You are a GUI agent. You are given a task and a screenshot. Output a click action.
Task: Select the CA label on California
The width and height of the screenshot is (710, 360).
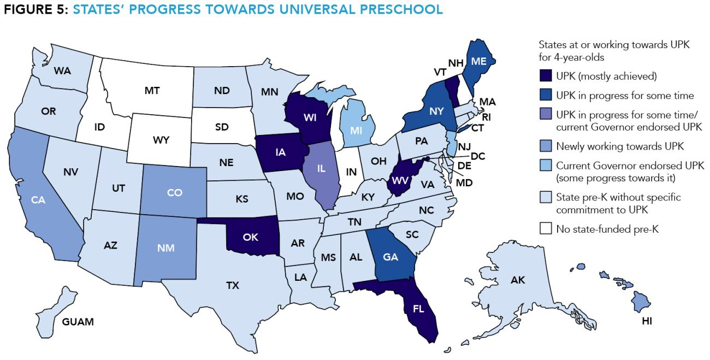38,200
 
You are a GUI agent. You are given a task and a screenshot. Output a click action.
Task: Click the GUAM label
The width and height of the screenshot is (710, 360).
78,321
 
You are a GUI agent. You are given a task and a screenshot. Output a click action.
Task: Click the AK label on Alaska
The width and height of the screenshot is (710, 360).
517,280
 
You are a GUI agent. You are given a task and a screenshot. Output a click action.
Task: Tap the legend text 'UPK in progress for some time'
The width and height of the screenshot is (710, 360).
617,96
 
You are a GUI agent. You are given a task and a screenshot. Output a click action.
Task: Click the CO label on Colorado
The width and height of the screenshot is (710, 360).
175,192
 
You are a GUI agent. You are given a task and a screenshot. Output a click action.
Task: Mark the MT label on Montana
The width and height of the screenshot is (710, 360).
152,91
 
